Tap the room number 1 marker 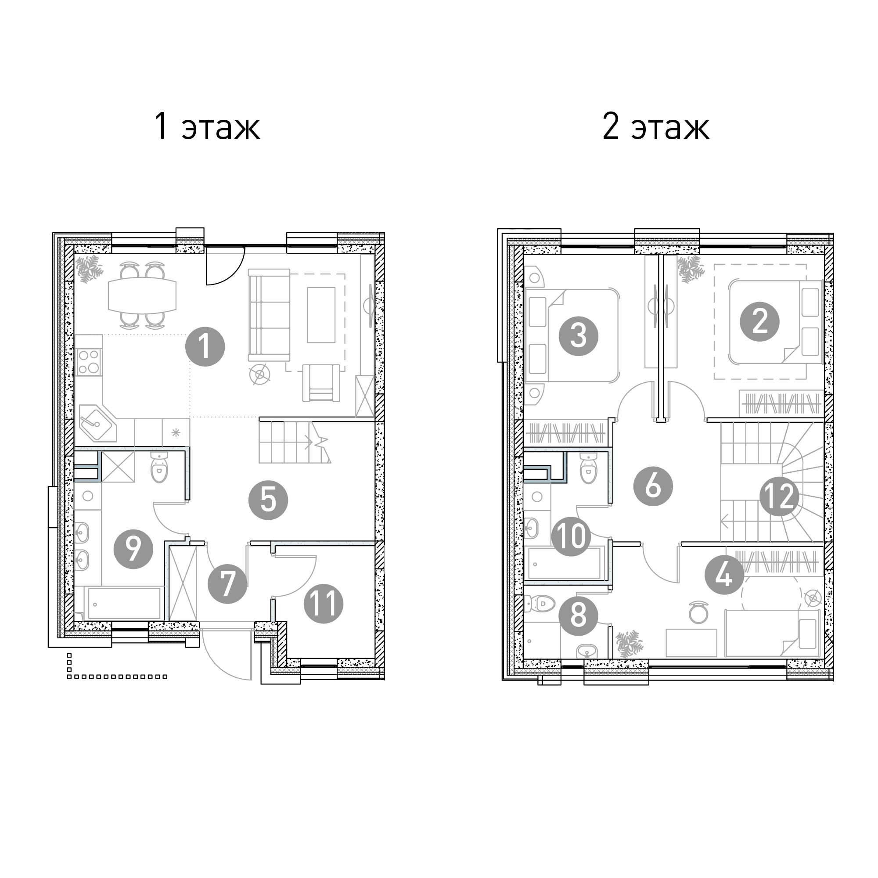coord(205,347)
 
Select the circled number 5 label coord(268,500)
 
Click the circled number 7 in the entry coord(227,583)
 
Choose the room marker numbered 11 coord(323,604)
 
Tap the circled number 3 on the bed coord(579,336)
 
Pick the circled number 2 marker coord(760,322)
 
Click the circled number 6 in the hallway coord(653,487)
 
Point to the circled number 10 coord(571,537)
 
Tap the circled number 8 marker coord(578,616)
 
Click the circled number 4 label coord(724,575)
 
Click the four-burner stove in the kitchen coord(89,362)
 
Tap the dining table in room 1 coord(142,295)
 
